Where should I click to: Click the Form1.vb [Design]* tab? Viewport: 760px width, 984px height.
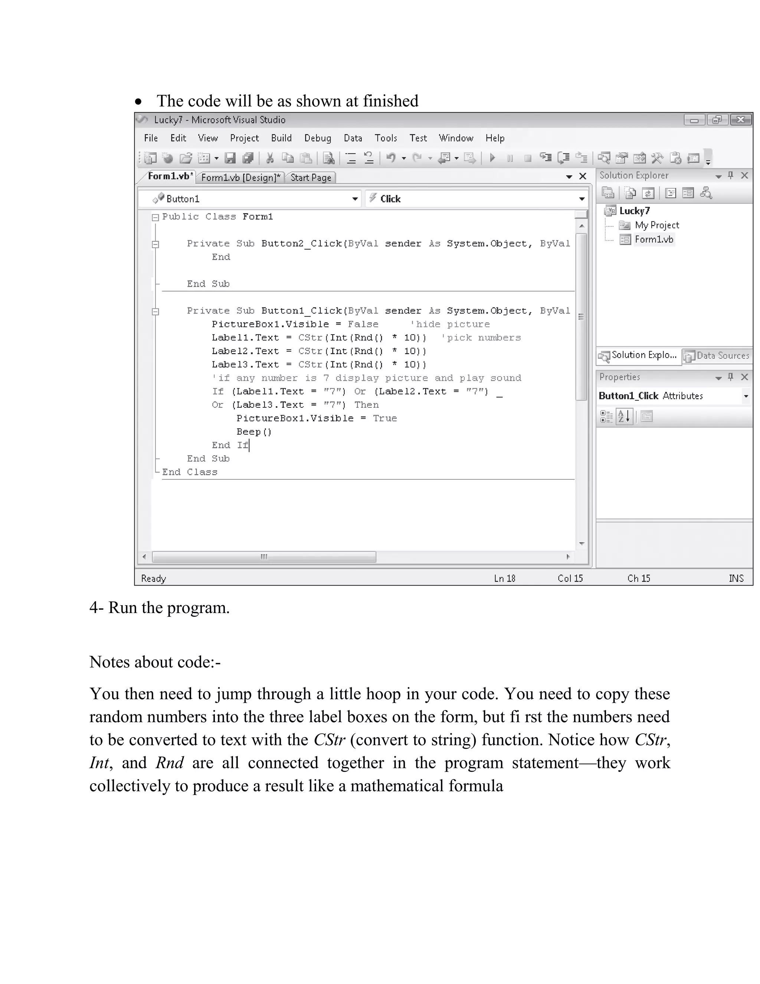click(240, 177)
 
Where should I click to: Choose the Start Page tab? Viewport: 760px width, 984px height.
click(311, 177)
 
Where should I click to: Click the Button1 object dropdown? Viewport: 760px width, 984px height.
click(250, 199)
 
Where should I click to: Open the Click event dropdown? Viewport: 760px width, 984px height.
click(477, 199)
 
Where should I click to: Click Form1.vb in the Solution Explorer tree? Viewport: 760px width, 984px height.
click(654, 239)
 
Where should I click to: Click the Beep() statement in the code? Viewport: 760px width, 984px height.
click(254, 431)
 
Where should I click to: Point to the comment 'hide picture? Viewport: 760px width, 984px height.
click(450, 324)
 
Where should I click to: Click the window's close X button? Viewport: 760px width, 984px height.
click(741, 120)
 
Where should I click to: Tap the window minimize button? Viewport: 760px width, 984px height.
click(694, 120)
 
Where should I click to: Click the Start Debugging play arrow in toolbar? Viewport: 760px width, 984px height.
click(492, 158)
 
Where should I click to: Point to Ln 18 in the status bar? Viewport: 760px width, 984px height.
click(504, 578)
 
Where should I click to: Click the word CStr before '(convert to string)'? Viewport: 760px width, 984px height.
click(329, 740)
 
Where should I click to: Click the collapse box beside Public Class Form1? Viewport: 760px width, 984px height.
click(156, 217)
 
